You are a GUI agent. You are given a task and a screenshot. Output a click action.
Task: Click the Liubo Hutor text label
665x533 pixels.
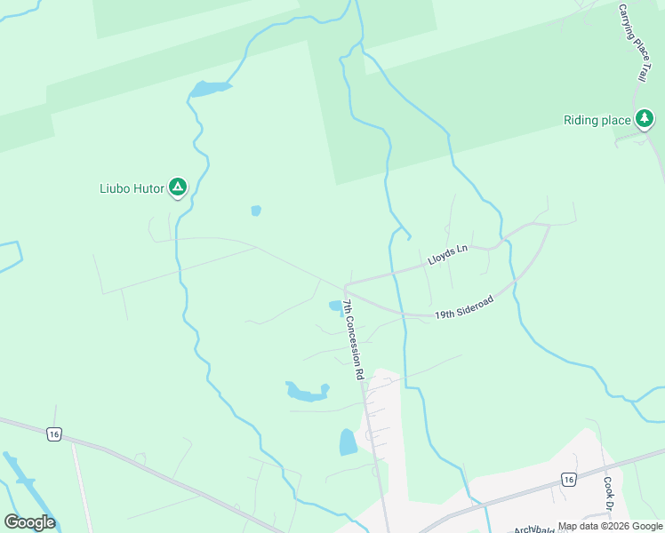(132, 188)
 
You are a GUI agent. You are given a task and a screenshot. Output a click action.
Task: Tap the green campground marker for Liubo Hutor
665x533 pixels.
(178, 187)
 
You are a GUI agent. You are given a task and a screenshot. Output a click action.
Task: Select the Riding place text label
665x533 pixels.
(596, 121)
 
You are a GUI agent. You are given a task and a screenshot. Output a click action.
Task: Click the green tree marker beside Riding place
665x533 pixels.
(644, 118)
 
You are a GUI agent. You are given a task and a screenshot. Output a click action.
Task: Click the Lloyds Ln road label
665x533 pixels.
(447, 256)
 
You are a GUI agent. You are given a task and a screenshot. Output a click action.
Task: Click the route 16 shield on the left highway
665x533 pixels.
(54, 434)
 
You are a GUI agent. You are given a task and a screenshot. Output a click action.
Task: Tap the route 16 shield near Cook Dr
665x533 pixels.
(567, 480)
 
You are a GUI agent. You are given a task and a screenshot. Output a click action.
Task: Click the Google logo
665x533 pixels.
(29, 522)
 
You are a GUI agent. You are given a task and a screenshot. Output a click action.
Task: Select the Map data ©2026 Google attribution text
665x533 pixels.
(610, 526)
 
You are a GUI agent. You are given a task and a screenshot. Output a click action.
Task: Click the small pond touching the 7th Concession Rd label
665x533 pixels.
(336, 306)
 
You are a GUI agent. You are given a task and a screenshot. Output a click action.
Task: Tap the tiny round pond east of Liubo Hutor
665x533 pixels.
(256, 211)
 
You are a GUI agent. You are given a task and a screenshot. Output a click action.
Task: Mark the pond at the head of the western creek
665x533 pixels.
(209, 88)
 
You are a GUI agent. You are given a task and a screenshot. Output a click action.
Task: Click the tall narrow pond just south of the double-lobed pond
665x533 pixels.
(348, 442)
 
